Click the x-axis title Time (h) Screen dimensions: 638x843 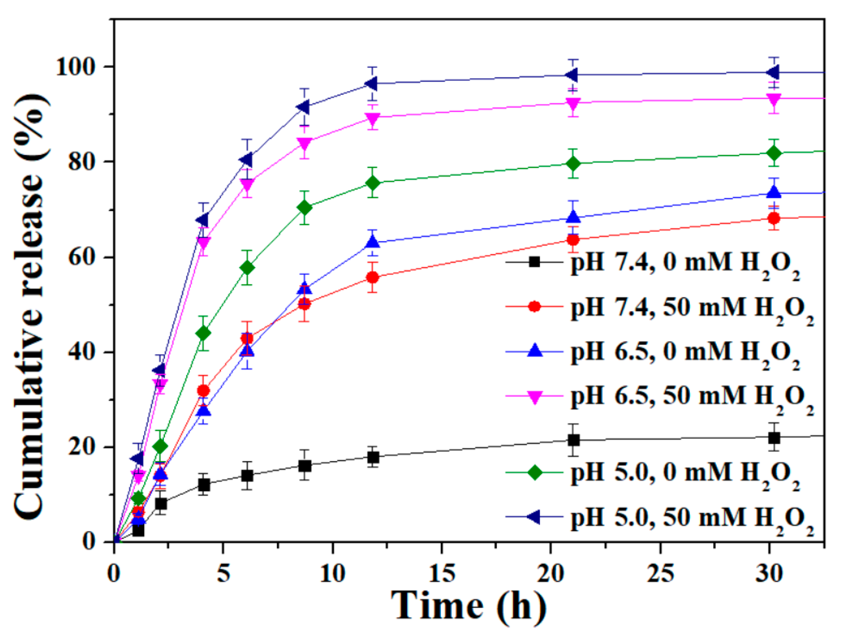tap(468, 605)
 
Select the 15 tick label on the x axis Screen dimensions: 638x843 tap(441, 574)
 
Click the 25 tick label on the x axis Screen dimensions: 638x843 tap(660, 574)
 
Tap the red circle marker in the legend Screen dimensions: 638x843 tap(534, 307)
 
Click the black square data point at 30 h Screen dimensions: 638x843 tap(774, 438)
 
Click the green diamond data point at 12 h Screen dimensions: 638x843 tap(373, 183)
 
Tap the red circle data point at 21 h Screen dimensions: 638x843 tap(573, 240)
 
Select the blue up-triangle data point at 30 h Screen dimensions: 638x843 tap(774, 193)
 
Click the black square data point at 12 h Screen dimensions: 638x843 tap(373, 457)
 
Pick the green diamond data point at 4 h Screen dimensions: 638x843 tap(203, 333)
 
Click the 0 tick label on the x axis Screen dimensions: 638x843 tap(114, 574)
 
